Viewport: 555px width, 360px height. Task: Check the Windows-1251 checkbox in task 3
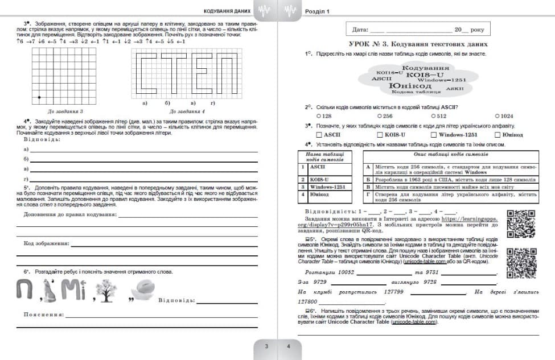pos(434,135)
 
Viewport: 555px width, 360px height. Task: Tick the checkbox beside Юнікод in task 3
pos(497,135)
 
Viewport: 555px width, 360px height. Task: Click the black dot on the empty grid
pos(39,97)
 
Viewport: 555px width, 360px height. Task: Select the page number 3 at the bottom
pos(266,346)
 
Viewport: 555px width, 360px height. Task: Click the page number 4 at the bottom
pos(289,346)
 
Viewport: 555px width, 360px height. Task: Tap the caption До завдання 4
pos(186,111)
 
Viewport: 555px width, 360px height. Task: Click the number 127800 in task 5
pos(308,302)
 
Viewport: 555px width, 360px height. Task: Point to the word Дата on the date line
pos(360,29)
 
